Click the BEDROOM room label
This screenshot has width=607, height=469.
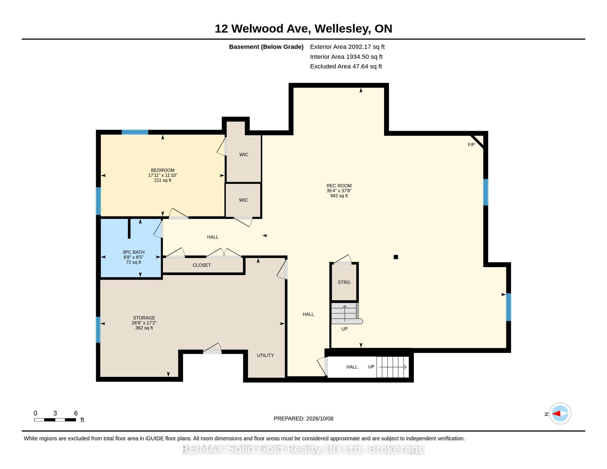(163, 170)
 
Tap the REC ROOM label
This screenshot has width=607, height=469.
(339, 186)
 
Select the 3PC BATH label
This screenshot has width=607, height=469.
(134, 252)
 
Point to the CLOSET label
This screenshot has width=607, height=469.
(202, 265)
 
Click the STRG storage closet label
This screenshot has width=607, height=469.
(344, 282)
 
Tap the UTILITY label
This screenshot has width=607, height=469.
(265, 355)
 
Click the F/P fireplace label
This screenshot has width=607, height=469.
(471, 145)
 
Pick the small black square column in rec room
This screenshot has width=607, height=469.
(396, 257)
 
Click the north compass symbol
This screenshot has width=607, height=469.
(560, 414)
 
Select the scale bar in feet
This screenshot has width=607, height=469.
(55, 420)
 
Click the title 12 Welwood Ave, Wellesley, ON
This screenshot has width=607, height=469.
(303, 29)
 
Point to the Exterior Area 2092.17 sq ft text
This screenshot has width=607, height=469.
(347, 47)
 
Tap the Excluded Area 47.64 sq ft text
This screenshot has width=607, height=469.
(346, 66)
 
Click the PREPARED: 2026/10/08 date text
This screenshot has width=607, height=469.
(303, 419)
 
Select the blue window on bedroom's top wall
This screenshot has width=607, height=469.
(135, 132)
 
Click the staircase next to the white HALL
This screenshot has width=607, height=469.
(393, 367)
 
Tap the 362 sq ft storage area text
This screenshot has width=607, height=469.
(144, 328)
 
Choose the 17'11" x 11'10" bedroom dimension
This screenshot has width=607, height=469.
(163, 175)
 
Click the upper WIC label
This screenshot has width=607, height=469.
(244, 154)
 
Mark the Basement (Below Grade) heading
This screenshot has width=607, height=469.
(266, 47)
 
